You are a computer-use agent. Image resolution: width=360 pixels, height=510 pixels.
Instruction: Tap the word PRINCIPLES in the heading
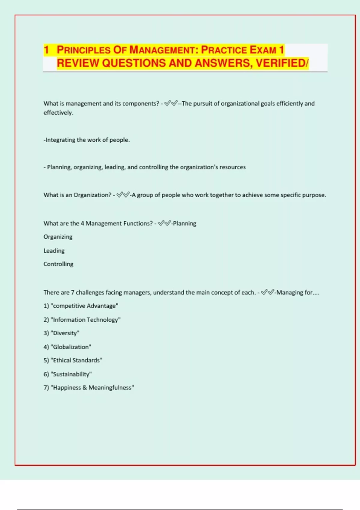[84, 50]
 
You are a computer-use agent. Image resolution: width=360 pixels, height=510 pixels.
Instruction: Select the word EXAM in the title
[263, 50]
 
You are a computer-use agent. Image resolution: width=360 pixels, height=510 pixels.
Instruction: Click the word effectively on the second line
[58, 113]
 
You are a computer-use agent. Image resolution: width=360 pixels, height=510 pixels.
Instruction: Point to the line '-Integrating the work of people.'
[87, 140]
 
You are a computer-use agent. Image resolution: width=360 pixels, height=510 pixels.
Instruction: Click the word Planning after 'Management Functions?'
[184, 223]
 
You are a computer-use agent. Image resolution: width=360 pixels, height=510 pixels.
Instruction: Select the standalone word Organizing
[58, 237]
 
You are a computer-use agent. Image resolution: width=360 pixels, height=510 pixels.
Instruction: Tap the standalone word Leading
[54, 251]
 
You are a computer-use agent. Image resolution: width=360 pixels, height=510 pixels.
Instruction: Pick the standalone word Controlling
[58, 264]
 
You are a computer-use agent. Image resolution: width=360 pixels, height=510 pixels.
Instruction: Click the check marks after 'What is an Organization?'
[123, 195]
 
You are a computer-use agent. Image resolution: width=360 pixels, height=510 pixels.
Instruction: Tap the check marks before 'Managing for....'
[268, 292]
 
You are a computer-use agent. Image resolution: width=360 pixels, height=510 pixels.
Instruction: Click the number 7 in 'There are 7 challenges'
[72, 292]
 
